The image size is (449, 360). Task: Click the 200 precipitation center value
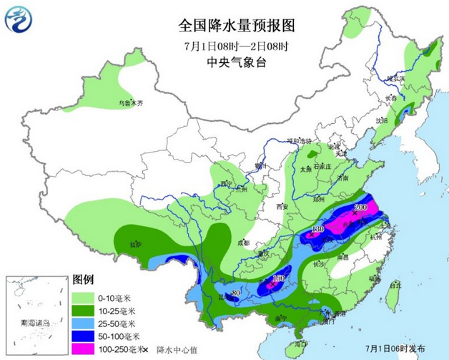click(x=360, y=208)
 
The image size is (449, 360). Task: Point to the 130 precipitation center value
click(x=319, y=228)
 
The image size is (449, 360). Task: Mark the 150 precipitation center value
click(x=280, y=278)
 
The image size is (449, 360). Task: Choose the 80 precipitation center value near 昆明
click(x=235, y=292)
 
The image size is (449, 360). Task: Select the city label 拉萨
click(x=136, y=245)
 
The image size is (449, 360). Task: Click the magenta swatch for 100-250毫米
click(x=83, y=349)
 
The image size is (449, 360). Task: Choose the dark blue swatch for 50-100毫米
click(x=83, y=336)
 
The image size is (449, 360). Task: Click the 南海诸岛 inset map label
click(x=35, y=324)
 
